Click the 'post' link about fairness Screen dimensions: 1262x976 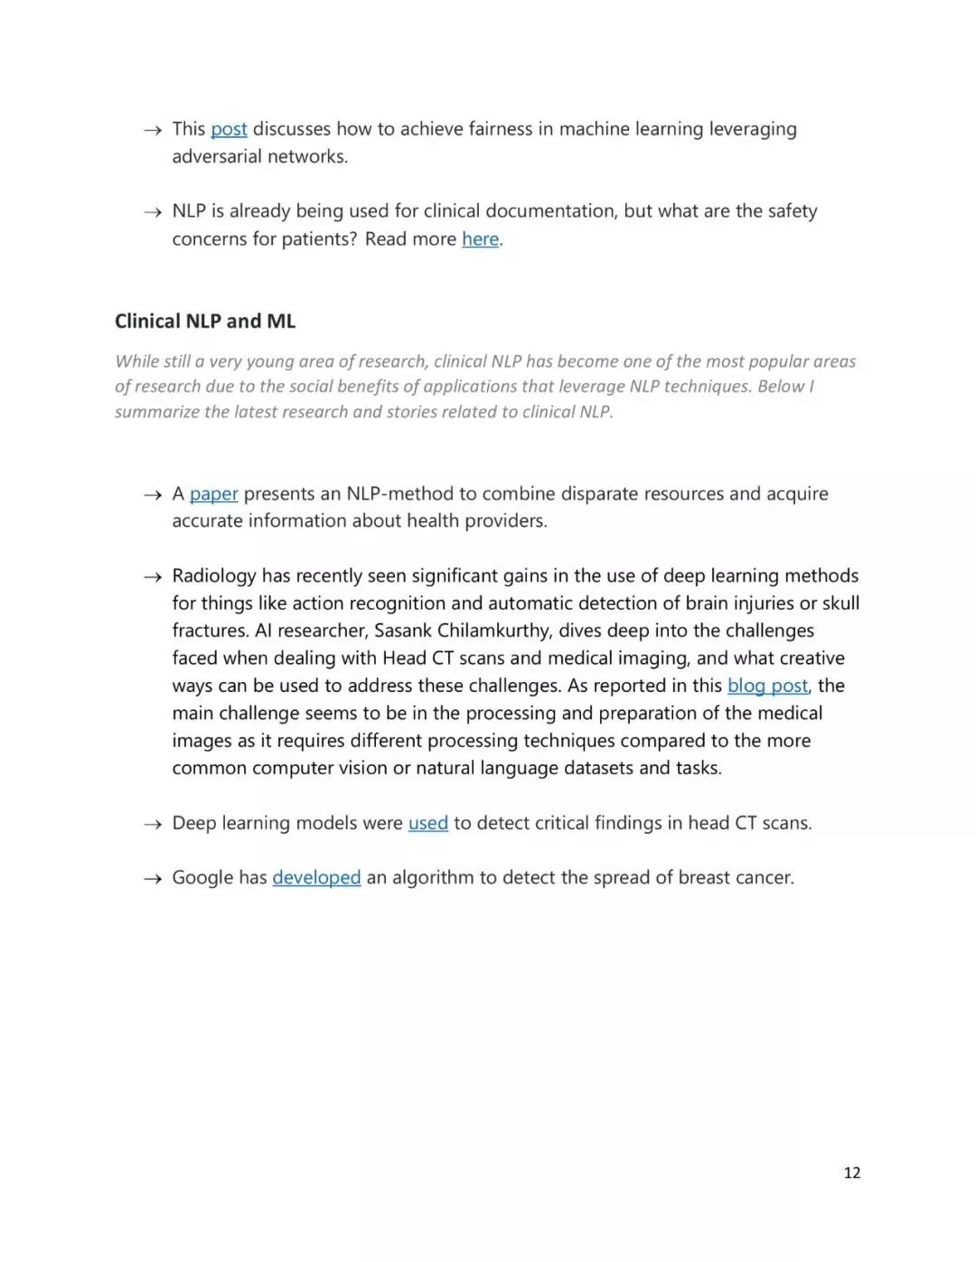pos(229,129)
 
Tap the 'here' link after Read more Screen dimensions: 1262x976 pos(480,239)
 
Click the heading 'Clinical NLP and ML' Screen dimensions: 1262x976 pos(205,322)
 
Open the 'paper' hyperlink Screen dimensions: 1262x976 pos(214,494)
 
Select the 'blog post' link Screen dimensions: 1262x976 pos(767,686)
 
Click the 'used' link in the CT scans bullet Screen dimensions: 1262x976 pos(428,823)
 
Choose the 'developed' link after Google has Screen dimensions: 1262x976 pos(316,878)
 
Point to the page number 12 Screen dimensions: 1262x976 pos(851,1173)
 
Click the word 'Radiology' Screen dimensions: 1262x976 pos(214,576)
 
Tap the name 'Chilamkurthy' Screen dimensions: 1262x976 pos(493,631)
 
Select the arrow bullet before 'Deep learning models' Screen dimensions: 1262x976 pos(153,824)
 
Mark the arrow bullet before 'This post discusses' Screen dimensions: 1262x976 pos(153,130)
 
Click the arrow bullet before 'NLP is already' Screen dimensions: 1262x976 pos(153,212)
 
